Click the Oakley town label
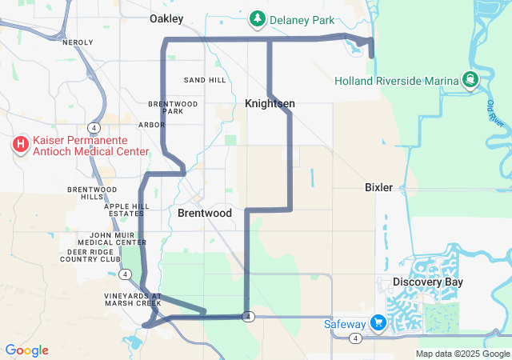166,18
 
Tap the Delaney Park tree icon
257,18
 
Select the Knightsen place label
270,104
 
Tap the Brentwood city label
204,214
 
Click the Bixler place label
378,187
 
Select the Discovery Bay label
427,282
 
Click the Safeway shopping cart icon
377,323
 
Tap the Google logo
26,350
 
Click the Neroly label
78,42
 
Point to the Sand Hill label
204,81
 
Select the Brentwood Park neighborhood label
173,107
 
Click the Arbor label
151,125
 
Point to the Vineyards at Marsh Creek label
132,299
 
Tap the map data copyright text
463,354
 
